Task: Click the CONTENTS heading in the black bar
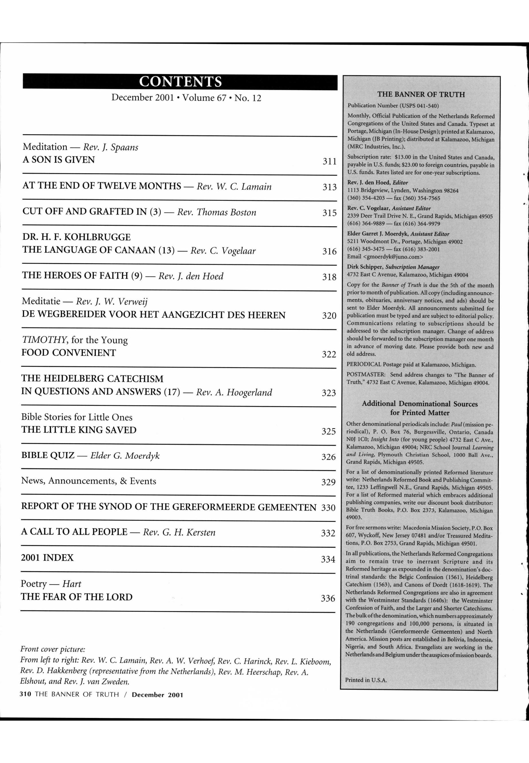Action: pos(180,81)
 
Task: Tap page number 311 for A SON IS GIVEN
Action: pos(329,161)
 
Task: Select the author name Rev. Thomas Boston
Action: pos(216,212)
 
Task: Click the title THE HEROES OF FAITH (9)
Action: pos(82,276)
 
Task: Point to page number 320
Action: pos(329,316)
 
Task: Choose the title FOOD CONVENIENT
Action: pos(69,353)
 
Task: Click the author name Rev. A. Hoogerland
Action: pos(234,393)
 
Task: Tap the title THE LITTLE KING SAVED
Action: pos(79,430)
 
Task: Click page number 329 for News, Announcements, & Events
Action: pos(328,482)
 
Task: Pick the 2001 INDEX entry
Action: pos(47,558)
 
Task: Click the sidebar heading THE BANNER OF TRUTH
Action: pos(421,94)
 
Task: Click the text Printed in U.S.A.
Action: pos(366,680)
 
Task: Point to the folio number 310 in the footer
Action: pos(26,695)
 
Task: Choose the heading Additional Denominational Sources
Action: pos(420,404)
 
